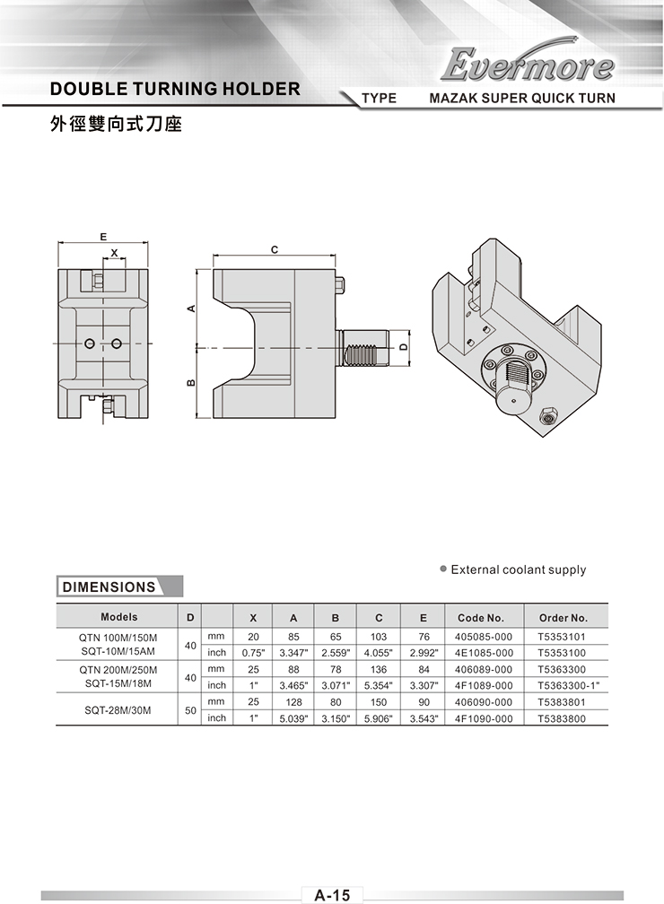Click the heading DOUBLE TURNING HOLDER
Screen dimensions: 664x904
tap(175, 89)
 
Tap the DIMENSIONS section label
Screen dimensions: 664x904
tap(109, 587)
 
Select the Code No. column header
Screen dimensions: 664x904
tap(481, 617)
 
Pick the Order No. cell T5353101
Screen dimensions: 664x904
tap(562, 637)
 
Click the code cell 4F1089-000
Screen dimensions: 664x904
tap(484, 685)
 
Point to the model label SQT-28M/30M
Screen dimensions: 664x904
tap(118, 710)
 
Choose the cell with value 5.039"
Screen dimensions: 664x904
tap(293, 718)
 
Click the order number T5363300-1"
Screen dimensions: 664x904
tap(568, 685)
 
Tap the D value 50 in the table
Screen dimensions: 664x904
tap(190, 711)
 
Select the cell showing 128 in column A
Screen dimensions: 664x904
tap(293, 702)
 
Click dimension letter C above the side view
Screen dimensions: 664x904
tap(275, 249)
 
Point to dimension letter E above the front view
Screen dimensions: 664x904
tap(102, 237)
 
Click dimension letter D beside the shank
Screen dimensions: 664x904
tap(403, 347)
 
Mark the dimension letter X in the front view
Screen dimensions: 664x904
tap(114, 253)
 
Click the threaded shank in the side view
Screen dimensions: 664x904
tap(363, 348)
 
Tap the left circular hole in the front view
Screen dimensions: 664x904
tap(90, 343)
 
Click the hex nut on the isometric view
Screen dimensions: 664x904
tap(548, 414)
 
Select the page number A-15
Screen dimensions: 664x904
tap(332, 895)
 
